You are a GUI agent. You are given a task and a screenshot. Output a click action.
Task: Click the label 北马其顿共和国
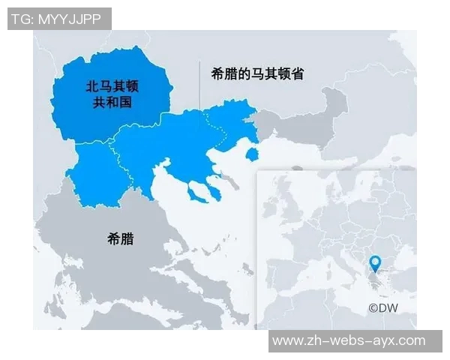tap(112, 95)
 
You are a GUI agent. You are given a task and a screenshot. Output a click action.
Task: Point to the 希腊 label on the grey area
tap(120, 238)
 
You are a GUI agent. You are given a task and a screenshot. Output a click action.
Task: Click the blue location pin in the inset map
tap(376, 263)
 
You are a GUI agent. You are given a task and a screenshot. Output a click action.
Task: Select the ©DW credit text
tap(382, 307)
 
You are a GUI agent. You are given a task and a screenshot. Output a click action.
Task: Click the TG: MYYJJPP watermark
tap(58, 19)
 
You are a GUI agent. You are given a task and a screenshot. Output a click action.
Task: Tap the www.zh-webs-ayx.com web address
tap(349, 340)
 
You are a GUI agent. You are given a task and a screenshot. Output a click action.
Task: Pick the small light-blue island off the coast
tap(253, 154)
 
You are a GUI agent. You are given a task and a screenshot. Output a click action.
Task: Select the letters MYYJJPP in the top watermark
tap(74, 19)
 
